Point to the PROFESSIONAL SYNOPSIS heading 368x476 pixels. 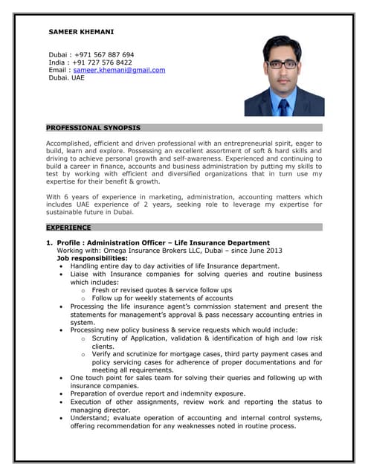point(93,128)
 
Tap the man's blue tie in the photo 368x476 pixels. point(283,104)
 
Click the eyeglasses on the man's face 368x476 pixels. point(283,65)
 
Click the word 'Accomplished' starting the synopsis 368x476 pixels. point(70,143)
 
